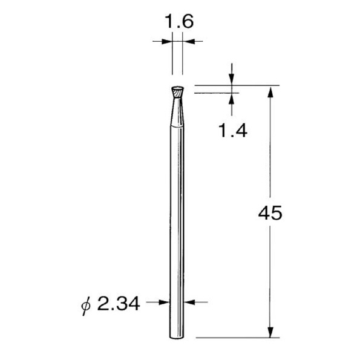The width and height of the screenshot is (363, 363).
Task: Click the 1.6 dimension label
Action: pyautogui.click(x=178, y=22)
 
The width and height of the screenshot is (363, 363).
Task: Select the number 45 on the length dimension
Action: pyautogui.click(x=270, y=213)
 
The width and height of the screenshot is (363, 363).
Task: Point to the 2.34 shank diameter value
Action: pyautogui.click(x=119, y=304)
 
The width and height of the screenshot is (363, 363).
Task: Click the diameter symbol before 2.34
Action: pyautogui.click(x=86, y=306)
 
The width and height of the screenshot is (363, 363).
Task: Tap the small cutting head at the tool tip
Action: pyautogui.click(x=177, y=92)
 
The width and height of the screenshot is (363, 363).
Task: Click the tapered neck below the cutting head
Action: pyautogui.click(x=177, y=112)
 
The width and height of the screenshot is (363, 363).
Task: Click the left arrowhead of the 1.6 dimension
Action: pyautogui.click(x=167, y=41)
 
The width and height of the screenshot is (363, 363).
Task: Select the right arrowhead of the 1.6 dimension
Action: pyautogui.click(x=188, y=41)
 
